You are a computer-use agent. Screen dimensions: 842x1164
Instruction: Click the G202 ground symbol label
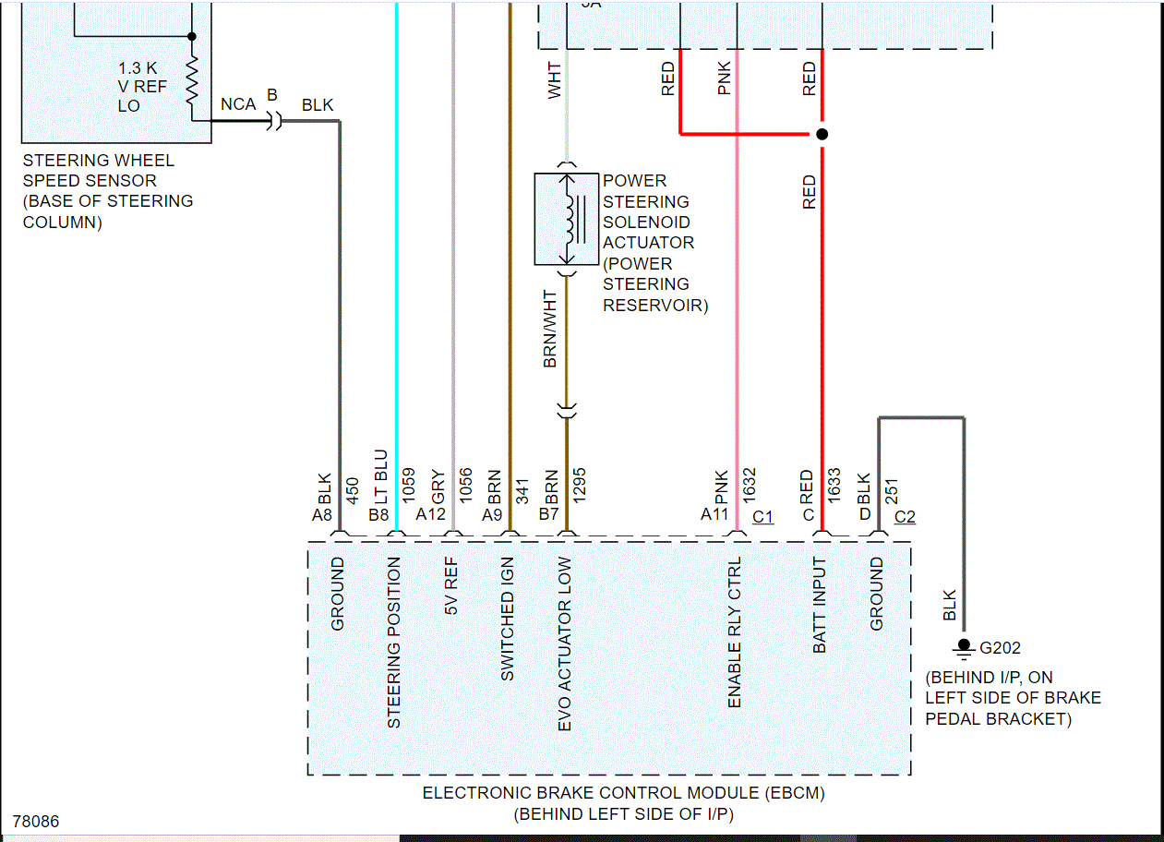coord(1000,648)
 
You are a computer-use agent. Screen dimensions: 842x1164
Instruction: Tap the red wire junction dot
coord(822,134)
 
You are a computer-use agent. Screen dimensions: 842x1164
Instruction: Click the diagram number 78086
coord(37,821)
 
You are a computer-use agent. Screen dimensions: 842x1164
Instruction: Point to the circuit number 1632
coord(750,485)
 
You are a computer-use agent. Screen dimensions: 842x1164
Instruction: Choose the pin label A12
coord(431,514)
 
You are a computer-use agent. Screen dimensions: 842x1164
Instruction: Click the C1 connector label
coord(763,516)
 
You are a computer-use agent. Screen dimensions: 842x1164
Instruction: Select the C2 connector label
coord(905,516)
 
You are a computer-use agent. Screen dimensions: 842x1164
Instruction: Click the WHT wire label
coord(554,80)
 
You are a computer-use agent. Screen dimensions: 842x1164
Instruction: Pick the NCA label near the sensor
coord(238,104)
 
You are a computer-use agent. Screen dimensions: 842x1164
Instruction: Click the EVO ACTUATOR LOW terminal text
coord(565,644)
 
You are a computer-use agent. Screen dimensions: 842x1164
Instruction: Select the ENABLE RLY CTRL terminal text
coord(735,633)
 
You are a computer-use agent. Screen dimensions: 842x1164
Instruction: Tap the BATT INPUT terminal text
coord(820,606)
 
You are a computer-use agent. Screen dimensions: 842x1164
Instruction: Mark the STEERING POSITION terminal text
coord(394,643)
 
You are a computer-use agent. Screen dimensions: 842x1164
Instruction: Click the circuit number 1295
coord(580,485)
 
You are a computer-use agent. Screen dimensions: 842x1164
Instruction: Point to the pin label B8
coord(378,514)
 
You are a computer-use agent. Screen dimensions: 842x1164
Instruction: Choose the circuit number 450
coord(352,489)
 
